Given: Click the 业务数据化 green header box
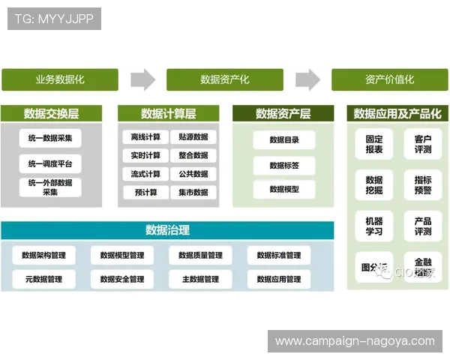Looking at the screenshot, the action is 60,79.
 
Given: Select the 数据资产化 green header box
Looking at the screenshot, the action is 225,79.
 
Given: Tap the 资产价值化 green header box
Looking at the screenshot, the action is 389,79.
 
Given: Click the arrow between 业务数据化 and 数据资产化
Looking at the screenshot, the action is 142,79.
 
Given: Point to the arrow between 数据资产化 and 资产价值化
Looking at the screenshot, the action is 307,79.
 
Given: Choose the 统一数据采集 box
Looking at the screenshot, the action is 50,138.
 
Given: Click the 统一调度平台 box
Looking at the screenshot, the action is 50,163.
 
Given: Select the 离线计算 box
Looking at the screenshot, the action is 145,137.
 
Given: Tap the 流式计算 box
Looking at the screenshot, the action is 145,174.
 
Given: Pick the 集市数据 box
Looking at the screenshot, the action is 193,193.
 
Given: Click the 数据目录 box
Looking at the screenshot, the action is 283,140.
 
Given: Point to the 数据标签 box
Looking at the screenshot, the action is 283,165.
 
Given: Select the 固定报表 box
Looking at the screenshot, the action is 373,144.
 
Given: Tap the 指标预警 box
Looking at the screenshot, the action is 422,185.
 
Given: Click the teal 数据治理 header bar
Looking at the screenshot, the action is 167,230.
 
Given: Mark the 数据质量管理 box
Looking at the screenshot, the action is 200,256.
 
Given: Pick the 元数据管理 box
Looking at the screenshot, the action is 43,280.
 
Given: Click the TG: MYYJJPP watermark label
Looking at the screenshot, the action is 54,19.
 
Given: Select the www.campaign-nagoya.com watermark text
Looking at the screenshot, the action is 355,341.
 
